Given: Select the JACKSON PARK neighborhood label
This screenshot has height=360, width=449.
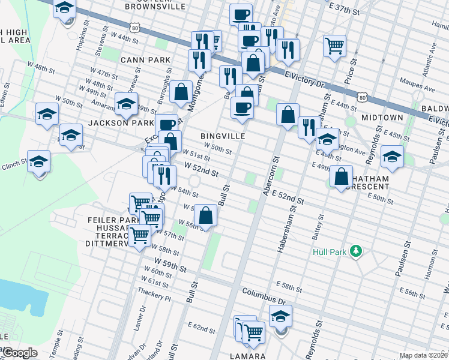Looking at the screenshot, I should (x=113, y=122).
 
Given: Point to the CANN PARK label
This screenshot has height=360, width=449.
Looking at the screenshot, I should (x=145, y=60).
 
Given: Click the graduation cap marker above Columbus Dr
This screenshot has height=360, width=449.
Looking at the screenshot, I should (x=280, y=316).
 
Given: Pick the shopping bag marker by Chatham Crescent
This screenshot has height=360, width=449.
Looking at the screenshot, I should (x=341, y=176).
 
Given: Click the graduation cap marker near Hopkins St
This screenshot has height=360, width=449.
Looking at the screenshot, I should (x=64, y=8).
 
